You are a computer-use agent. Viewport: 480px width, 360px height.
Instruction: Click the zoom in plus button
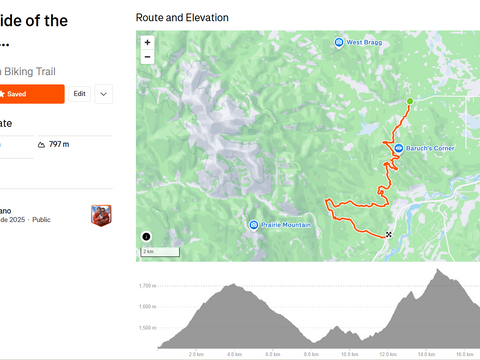(147, 43)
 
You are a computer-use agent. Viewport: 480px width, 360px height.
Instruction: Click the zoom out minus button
(147, 57)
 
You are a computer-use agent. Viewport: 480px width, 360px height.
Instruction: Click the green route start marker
(409, 102)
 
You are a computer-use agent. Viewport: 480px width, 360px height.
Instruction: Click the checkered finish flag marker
(388, 235)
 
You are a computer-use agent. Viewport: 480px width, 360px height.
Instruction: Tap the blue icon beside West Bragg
(339, 42)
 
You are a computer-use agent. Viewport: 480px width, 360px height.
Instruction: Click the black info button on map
(147, 237)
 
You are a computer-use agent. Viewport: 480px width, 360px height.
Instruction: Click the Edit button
(79, 93)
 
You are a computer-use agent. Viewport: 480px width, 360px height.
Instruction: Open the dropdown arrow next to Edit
(104, 93)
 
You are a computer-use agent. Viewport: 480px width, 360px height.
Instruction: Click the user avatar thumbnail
(101, 215)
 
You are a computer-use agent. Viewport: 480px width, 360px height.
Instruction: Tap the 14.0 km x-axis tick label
(426, 353)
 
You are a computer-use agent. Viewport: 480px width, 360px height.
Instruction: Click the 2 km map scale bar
(149, 252)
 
